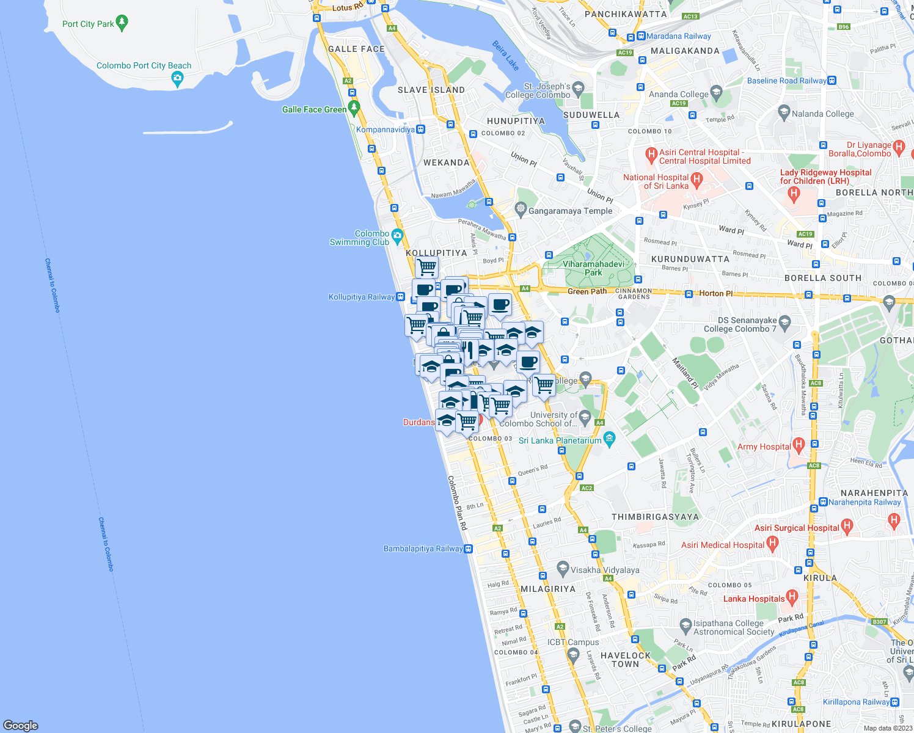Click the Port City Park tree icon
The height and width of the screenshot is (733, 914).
pos(122,23)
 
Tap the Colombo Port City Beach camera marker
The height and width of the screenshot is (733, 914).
pos(177,78)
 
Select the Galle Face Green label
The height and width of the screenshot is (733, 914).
pos(314,109)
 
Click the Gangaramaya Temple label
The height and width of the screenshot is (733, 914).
pos(570,211)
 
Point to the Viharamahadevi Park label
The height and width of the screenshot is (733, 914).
pos(593,268)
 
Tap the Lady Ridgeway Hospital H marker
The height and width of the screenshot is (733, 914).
pos(794,194)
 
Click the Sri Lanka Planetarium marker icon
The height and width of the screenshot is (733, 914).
pos(609,438)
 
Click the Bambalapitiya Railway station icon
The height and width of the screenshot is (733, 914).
pos(469,549)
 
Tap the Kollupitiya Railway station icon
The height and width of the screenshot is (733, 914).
pos(400,297)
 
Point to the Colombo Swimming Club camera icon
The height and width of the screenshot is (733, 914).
pos(398,235)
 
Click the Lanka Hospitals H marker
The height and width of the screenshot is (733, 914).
pos(792,596)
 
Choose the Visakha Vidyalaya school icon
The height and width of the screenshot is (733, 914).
pos(563,569)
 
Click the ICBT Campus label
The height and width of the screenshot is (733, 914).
pos(573,642)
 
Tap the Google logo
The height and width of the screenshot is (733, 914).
pos(21,725)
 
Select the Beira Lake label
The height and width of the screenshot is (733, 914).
pos(506,56)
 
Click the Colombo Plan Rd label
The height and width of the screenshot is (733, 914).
pos(458,503)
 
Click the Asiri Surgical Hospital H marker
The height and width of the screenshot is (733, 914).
pos(846,525)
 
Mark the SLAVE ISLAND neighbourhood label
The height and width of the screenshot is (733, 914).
pos(431,90)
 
